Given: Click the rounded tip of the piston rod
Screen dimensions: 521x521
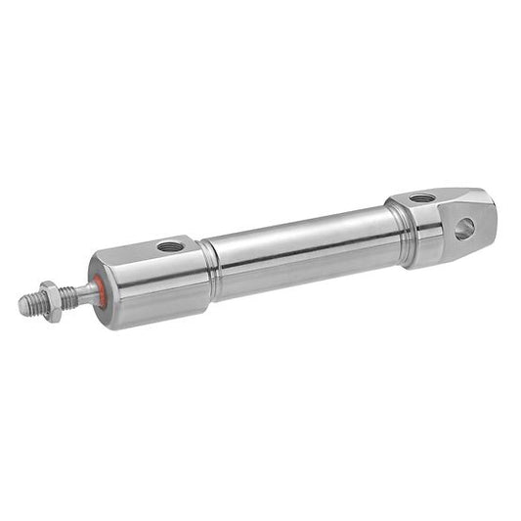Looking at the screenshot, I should (x=23, y=306).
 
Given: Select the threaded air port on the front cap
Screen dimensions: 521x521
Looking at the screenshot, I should (x=169, y=245).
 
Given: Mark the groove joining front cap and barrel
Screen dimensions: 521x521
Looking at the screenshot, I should (x=208, y=268).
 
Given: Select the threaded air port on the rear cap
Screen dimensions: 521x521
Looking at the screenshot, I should (x=422, y=198).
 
